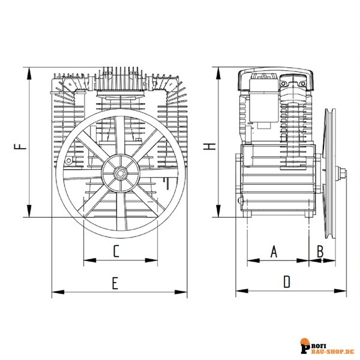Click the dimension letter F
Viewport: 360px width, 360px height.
tap(20, 147)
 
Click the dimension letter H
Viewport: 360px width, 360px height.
tap(209, 147)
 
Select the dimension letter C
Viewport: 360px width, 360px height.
tap(116, 251)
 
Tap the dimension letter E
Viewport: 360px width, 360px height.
tap(115, 283)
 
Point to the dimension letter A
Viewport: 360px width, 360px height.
tap(274, 251)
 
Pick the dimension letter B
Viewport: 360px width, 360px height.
tap(320, 251)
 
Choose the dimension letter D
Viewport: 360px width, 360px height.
tap(287, 282)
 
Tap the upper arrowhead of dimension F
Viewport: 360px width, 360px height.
tap(29, 74)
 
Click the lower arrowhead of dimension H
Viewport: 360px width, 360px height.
tap(218, 211)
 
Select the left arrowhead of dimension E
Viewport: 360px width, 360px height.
tap(58, 292)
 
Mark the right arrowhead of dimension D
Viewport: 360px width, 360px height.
tap(340, 291)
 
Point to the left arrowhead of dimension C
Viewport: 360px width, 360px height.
tap(90, 260)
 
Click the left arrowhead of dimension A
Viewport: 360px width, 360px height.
tap(253, 260)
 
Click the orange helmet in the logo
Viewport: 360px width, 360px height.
tap(305, 341)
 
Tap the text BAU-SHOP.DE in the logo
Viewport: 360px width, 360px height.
tap(331, 352)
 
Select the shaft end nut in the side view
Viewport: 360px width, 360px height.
tap(343, 173)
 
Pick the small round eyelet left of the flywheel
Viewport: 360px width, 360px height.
tap(68, 160)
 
